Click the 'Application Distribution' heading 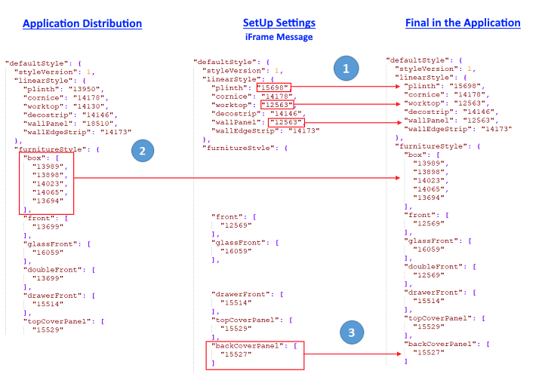[x=82, y=23]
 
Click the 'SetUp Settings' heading [x=279, y=23]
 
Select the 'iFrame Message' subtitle [x=279, y=36]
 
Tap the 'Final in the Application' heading [x=463, y=23]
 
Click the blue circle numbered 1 [x=346, y=69]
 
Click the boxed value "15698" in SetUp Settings [x=273, y=87]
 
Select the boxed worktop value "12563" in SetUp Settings [x=277, y=105]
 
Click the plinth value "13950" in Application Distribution [x=83, y=89]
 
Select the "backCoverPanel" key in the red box [x=248, y=345]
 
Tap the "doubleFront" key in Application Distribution [x=57, y=268]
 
